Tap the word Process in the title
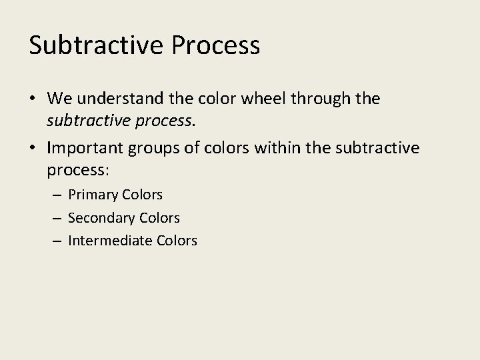[216, 45]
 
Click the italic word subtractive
[86, 121]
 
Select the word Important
[88, 147]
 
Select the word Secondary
[102, 218]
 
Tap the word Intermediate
[110, 241]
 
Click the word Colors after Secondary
[160, 218]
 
